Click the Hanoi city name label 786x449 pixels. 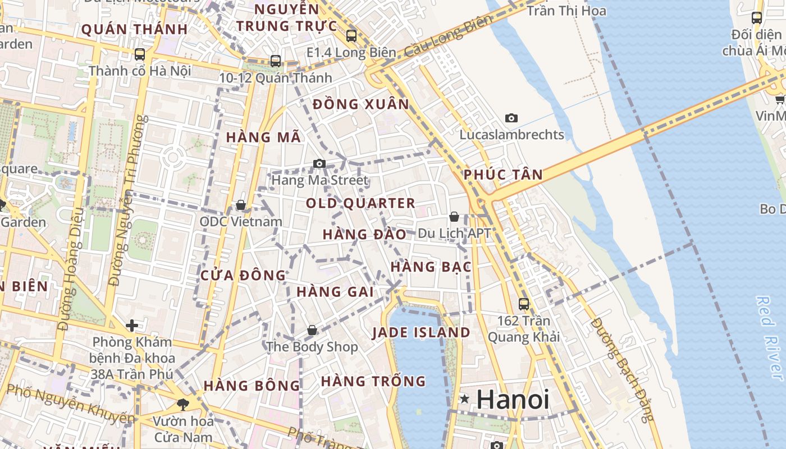513,400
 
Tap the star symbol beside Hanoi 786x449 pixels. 464,399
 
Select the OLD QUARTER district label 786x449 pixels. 361,203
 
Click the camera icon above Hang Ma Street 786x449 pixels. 319,164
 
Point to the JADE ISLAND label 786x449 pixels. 421,332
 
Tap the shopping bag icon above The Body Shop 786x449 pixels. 312,331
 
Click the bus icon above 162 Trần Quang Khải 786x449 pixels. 524,304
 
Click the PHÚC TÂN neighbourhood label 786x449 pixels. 503,175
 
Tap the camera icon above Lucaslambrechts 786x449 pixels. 511,118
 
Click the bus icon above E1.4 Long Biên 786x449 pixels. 351,36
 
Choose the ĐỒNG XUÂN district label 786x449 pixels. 361,104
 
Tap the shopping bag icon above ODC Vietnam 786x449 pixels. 241,205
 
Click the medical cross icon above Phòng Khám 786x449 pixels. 132,326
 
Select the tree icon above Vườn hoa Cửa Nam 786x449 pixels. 182,404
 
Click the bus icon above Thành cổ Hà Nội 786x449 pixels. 140,54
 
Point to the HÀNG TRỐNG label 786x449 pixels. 373,382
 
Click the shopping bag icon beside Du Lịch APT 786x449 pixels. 454,217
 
